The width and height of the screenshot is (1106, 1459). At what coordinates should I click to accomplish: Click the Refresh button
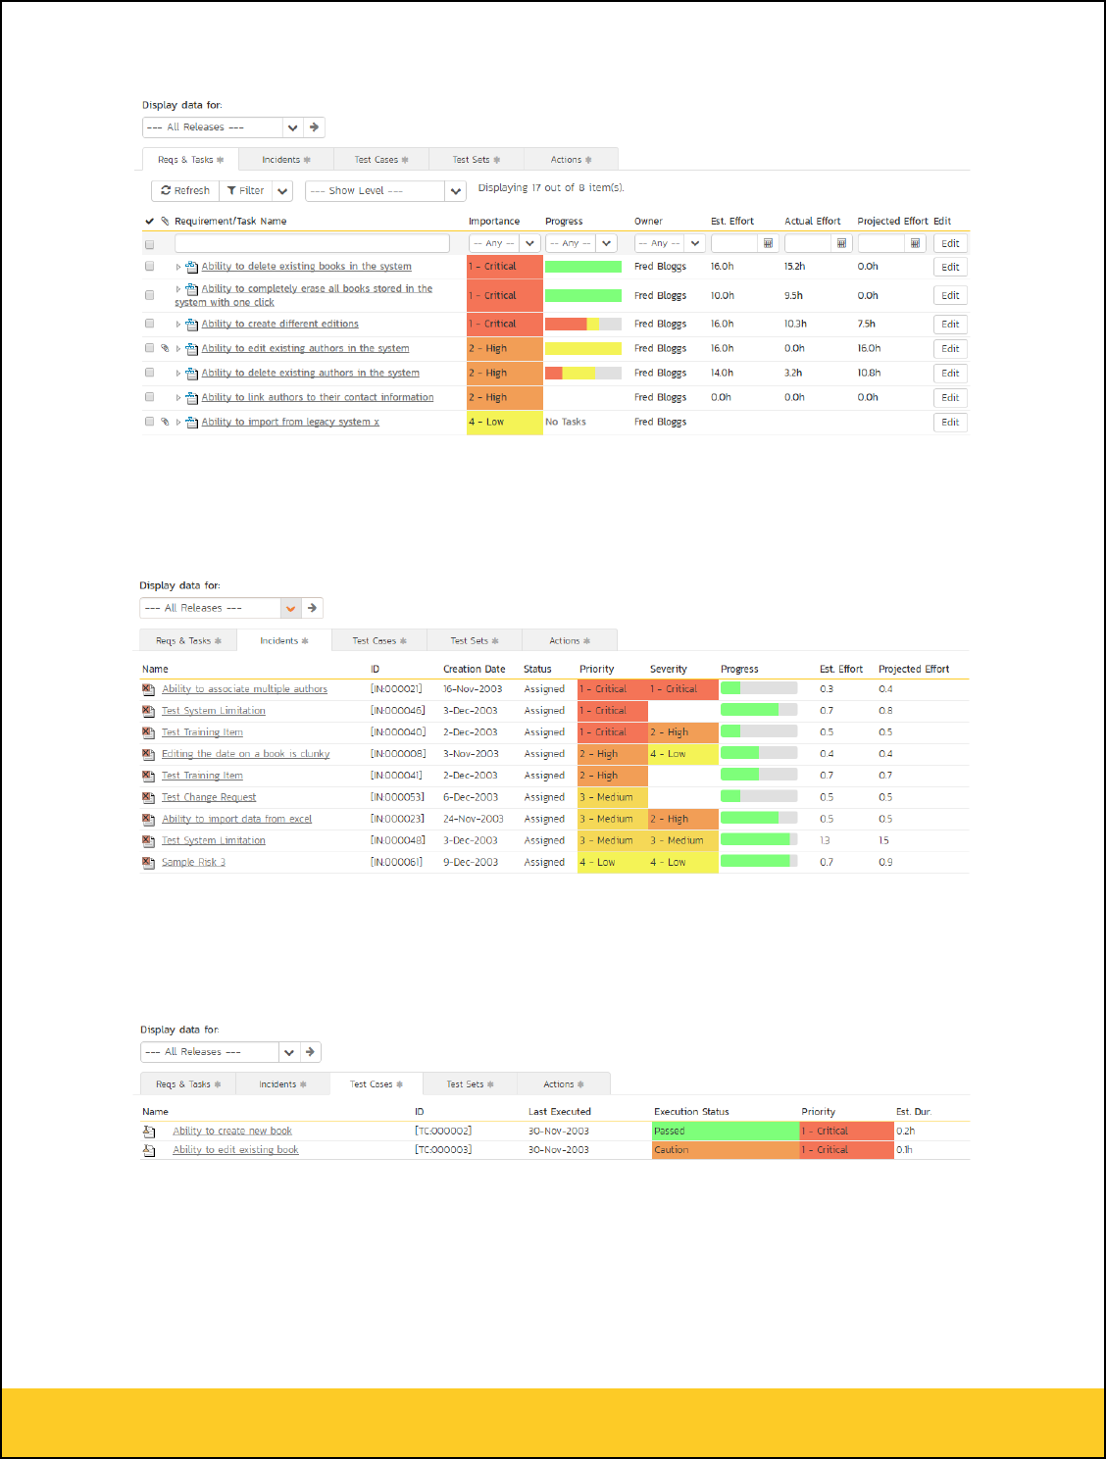coord(185,191)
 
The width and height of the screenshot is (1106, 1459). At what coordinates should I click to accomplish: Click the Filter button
coord(245,191)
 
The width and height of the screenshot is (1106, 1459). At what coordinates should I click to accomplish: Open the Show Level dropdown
coord(384,191)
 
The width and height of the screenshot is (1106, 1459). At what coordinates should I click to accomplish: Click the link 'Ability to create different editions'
coord(279,324)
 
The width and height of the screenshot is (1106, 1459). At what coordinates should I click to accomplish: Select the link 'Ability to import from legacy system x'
coord(290,422)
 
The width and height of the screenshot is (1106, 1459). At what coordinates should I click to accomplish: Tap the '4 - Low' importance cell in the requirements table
coord(504,422)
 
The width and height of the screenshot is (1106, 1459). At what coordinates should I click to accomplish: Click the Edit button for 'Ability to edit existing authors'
coord(950,348)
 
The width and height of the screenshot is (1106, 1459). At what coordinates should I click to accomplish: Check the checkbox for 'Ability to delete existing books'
coord(150,266)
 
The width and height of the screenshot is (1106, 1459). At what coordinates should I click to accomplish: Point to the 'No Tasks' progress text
coord(566,422)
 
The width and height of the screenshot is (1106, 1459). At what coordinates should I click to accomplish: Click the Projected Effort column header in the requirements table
coord(892,222)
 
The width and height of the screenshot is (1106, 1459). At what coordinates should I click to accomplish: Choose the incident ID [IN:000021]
coord(396,689)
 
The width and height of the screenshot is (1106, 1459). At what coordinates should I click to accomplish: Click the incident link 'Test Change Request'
coord(209,797)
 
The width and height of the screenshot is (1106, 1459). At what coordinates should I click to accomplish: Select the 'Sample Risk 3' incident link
coord(193,862)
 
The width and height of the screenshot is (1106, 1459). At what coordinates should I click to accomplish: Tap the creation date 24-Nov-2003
coord(473,819)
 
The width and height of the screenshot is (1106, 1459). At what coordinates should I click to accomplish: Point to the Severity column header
coord(669,670)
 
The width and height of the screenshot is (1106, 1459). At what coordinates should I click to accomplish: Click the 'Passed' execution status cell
coord(726,1131)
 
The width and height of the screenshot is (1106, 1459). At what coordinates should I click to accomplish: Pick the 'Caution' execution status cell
coord(726,1150)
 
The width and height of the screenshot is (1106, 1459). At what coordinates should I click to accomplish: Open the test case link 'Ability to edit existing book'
coord(235,1150)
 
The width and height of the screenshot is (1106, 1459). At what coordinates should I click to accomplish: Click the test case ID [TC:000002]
coord(443,1131)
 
